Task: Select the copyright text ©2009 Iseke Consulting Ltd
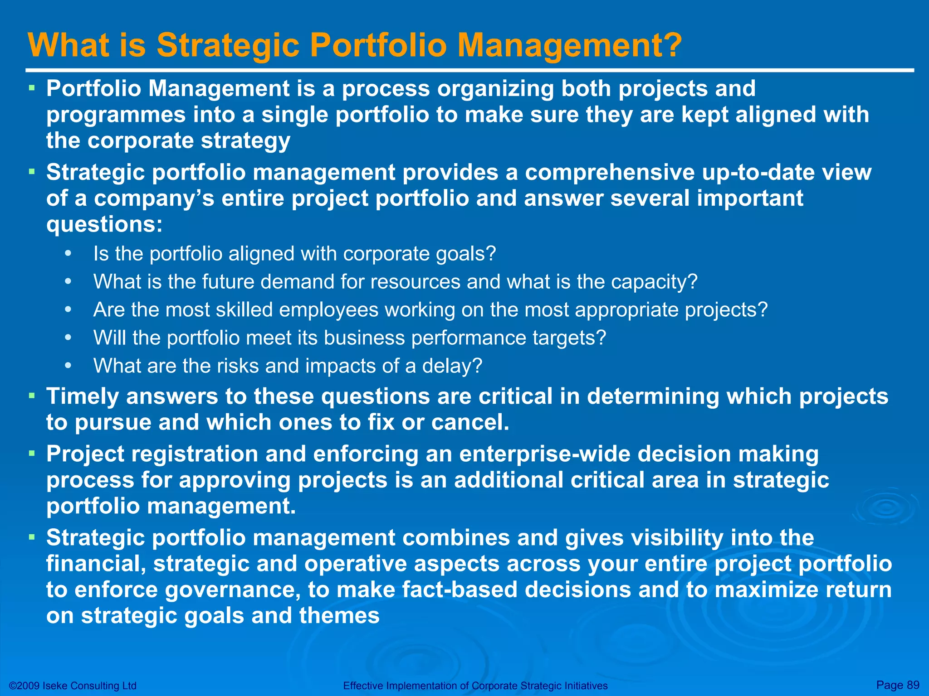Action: point(73,686)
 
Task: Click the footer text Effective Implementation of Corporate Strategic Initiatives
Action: point(475,686)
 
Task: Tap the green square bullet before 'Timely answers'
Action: point(31,396)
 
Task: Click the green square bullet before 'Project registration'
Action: point(31,453)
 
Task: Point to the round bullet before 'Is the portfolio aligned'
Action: point(68,253)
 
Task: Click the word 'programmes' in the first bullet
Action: point(116,115)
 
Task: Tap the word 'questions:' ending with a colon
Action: point(104,225)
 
